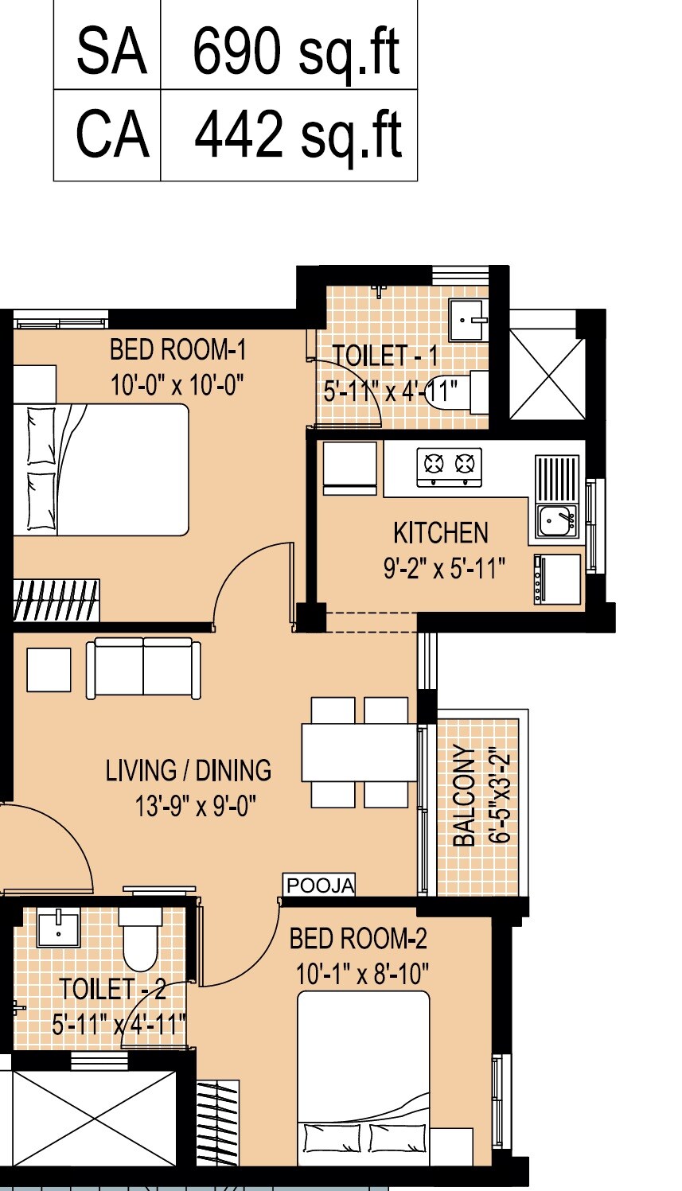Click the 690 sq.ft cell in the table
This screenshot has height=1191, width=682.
296,52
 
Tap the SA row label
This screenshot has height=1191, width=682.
111,52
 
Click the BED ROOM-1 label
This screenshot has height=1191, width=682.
177,350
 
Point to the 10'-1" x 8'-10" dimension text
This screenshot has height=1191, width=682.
362,974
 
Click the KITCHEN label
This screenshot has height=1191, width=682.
441,532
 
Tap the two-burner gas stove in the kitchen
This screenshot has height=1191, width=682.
449,467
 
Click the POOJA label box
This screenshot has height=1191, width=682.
320,885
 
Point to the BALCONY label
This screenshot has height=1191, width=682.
465,796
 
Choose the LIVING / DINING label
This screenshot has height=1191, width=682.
189,771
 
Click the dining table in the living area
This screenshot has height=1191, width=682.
359,752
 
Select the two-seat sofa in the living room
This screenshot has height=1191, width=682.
143,668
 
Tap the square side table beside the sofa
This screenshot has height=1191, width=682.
49,669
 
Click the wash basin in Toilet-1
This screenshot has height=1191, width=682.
468,320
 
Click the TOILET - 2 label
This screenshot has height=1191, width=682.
112,990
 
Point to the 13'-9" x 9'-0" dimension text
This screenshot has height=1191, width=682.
195,806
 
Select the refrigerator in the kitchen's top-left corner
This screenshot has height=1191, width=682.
349,469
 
